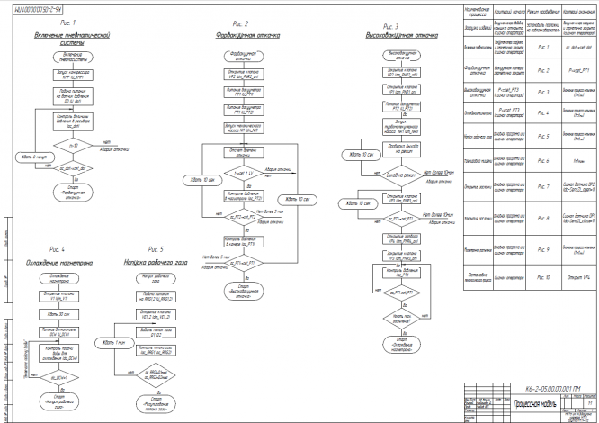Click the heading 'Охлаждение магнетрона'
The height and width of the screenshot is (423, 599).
click(62, 262)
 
